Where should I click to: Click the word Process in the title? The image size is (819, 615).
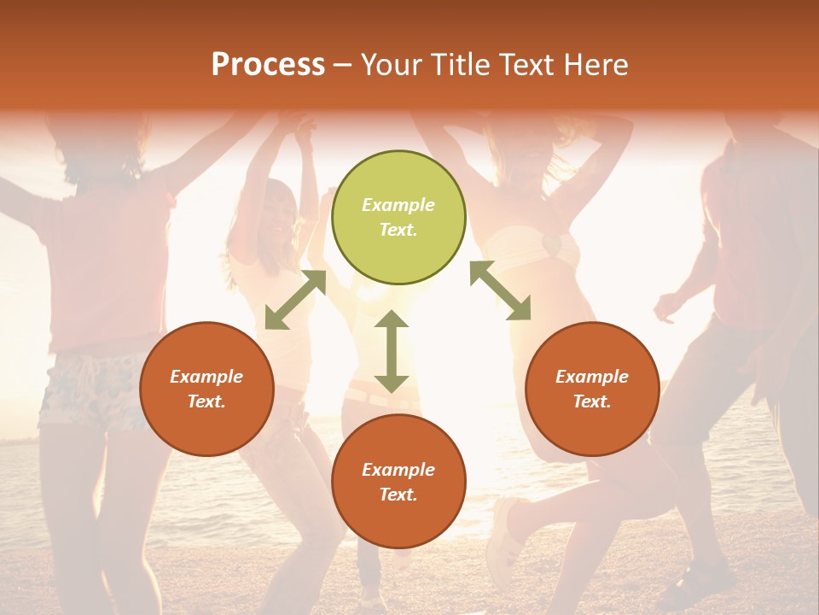[x=268, y=65]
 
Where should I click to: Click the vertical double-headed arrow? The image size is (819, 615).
[x=392, y=351]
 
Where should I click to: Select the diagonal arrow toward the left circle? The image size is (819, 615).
[x=295, y=300]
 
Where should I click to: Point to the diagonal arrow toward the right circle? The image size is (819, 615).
[x=500, y=290]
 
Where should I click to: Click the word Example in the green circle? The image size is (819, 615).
[x=398, y=205]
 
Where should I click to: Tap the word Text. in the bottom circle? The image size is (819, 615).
[x=398, y=495]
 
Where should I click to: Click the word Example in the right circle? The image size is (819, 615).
[x=592, y=377]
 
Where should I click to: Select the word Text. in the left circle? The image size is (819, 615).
[x=206, y=401]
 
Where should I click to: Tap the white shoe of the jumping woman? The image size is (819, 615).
[x=503, y=530]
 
